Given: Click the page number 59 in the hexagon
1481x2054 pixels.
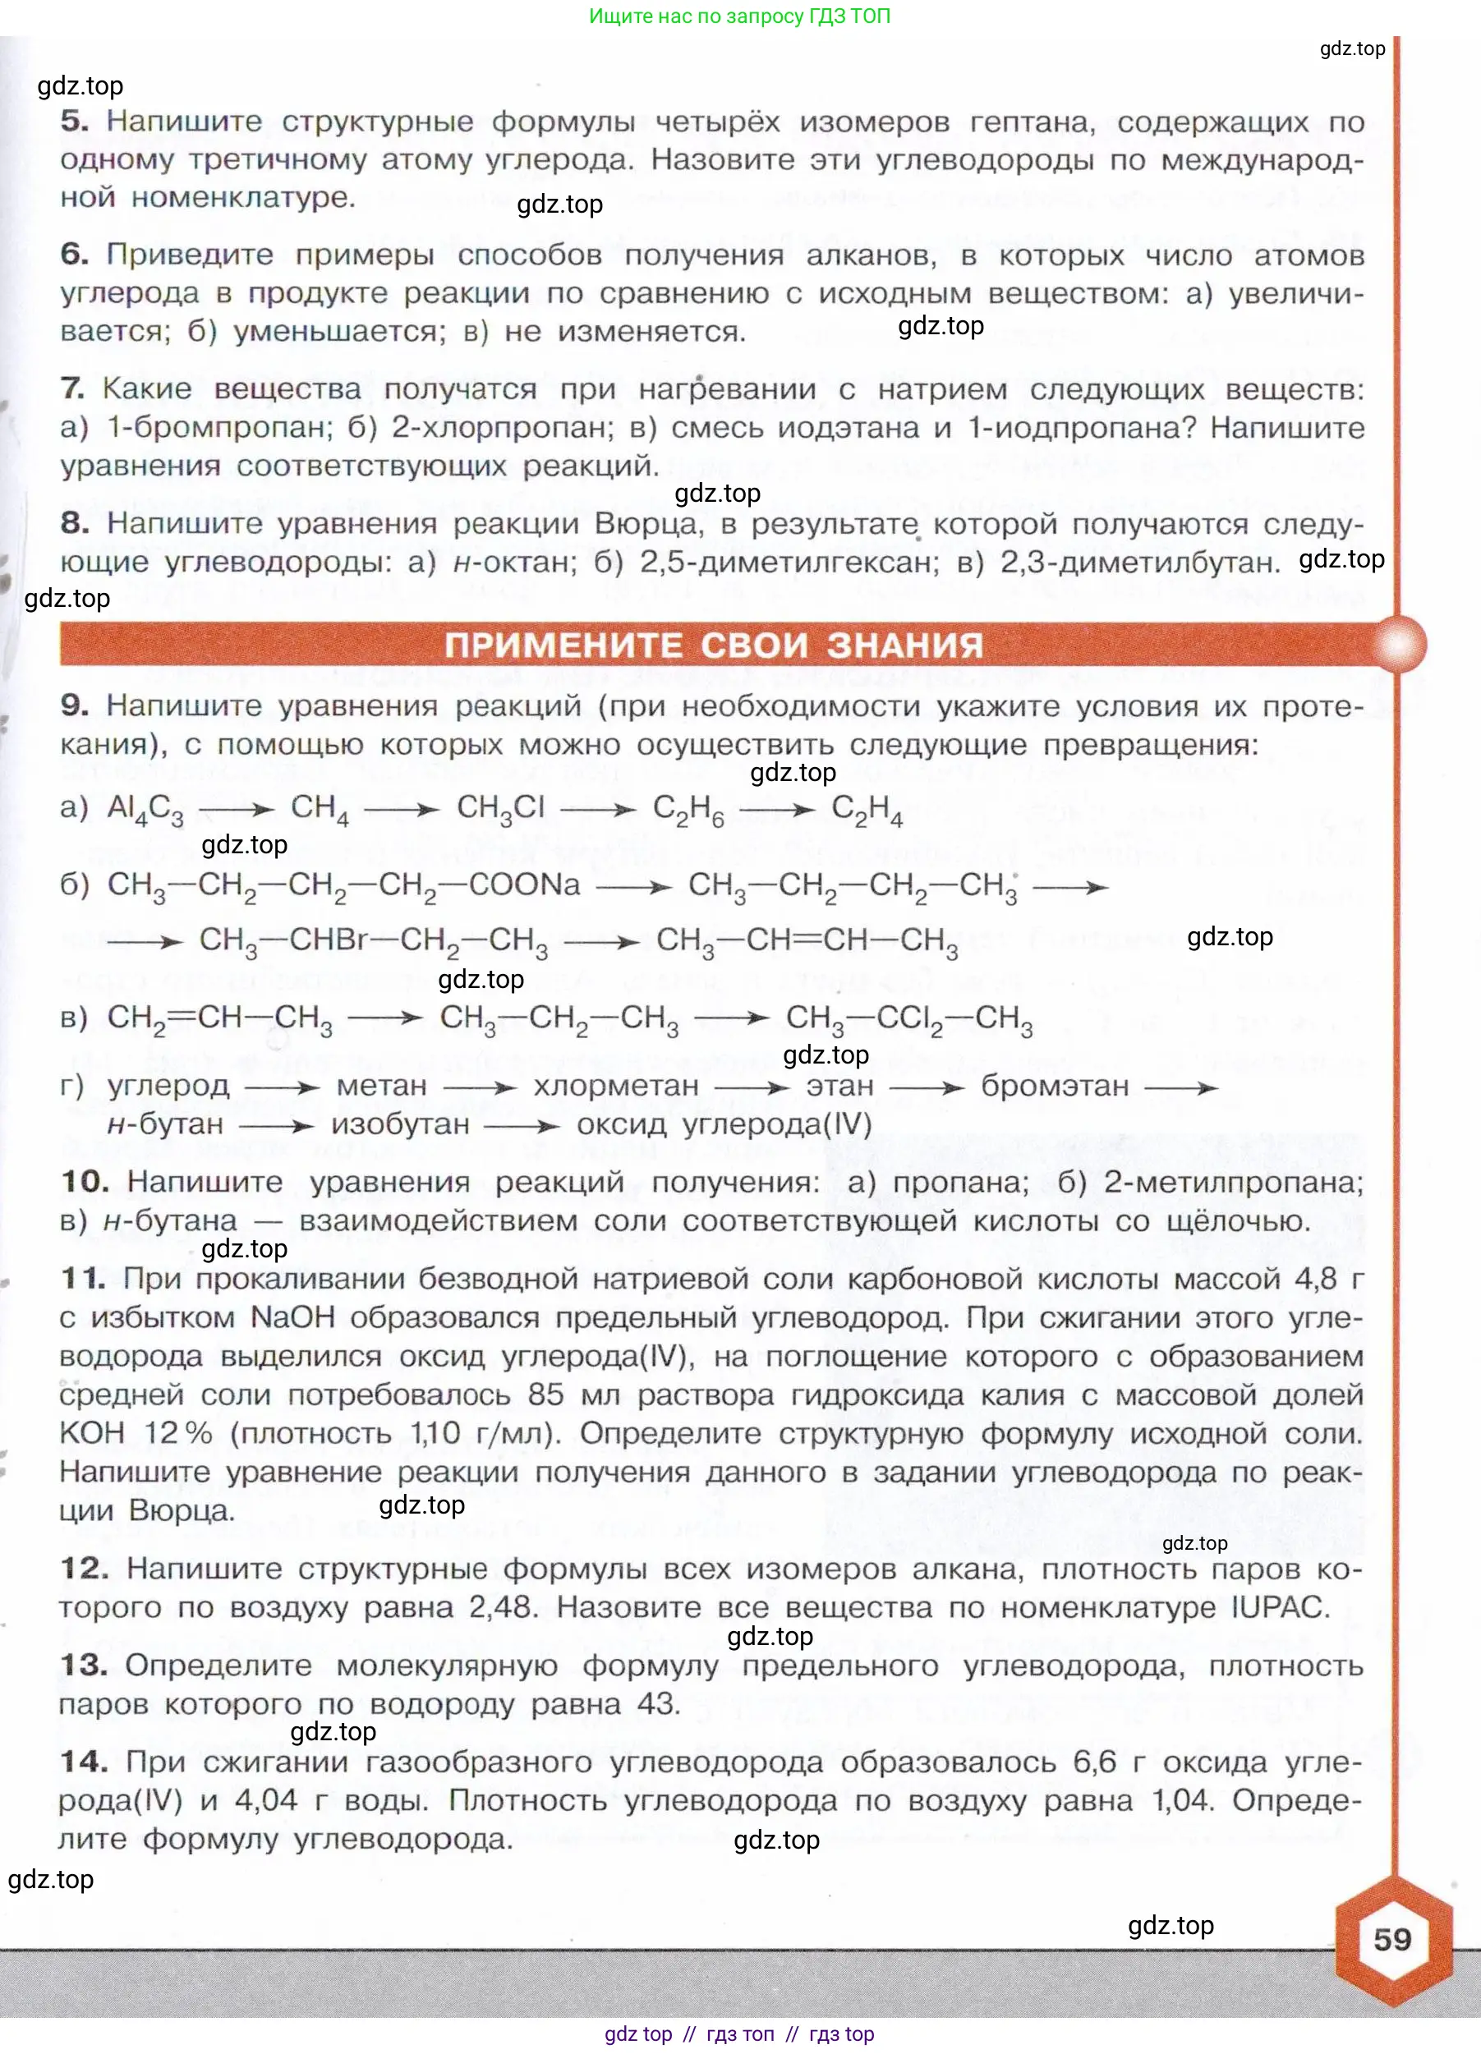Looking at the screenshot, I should tap(1392, 1939).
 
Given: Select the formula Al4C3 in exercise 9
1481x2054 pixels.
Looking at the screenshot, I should tap(145, 808).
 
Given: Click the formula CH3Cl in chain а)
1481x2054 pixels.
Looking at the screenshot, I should tap(500, 808).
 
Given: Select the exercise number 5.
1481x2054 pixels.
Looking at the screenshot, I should tap(74, 122).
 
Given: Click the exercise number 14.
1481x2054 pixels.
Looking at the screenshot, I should tap(83, 1762).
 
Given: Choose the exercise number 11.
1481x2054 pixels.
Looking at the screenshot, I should tap(83, 1279).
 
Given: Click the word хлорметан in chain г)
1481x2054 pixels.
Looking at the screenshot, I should tap(616, 1085).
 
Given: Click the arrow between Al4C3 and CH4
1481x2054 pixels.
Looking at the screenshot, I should tap(237, 809).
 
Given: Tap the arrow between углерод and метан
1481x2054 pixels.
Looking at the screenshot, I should tap(282, 1086).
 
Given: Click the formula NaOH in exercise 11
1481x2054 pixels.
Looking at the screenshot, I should tap(292, 1316).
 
